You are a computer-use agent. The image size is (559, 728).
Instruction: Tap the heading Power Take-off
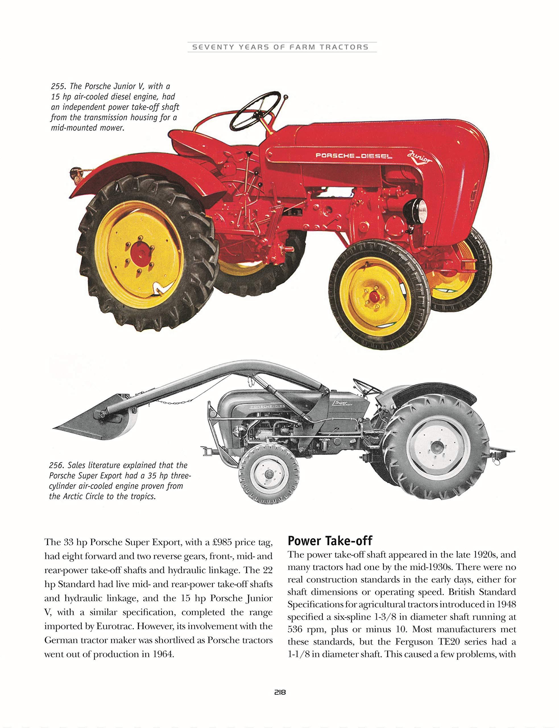[x=330, y=541]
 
